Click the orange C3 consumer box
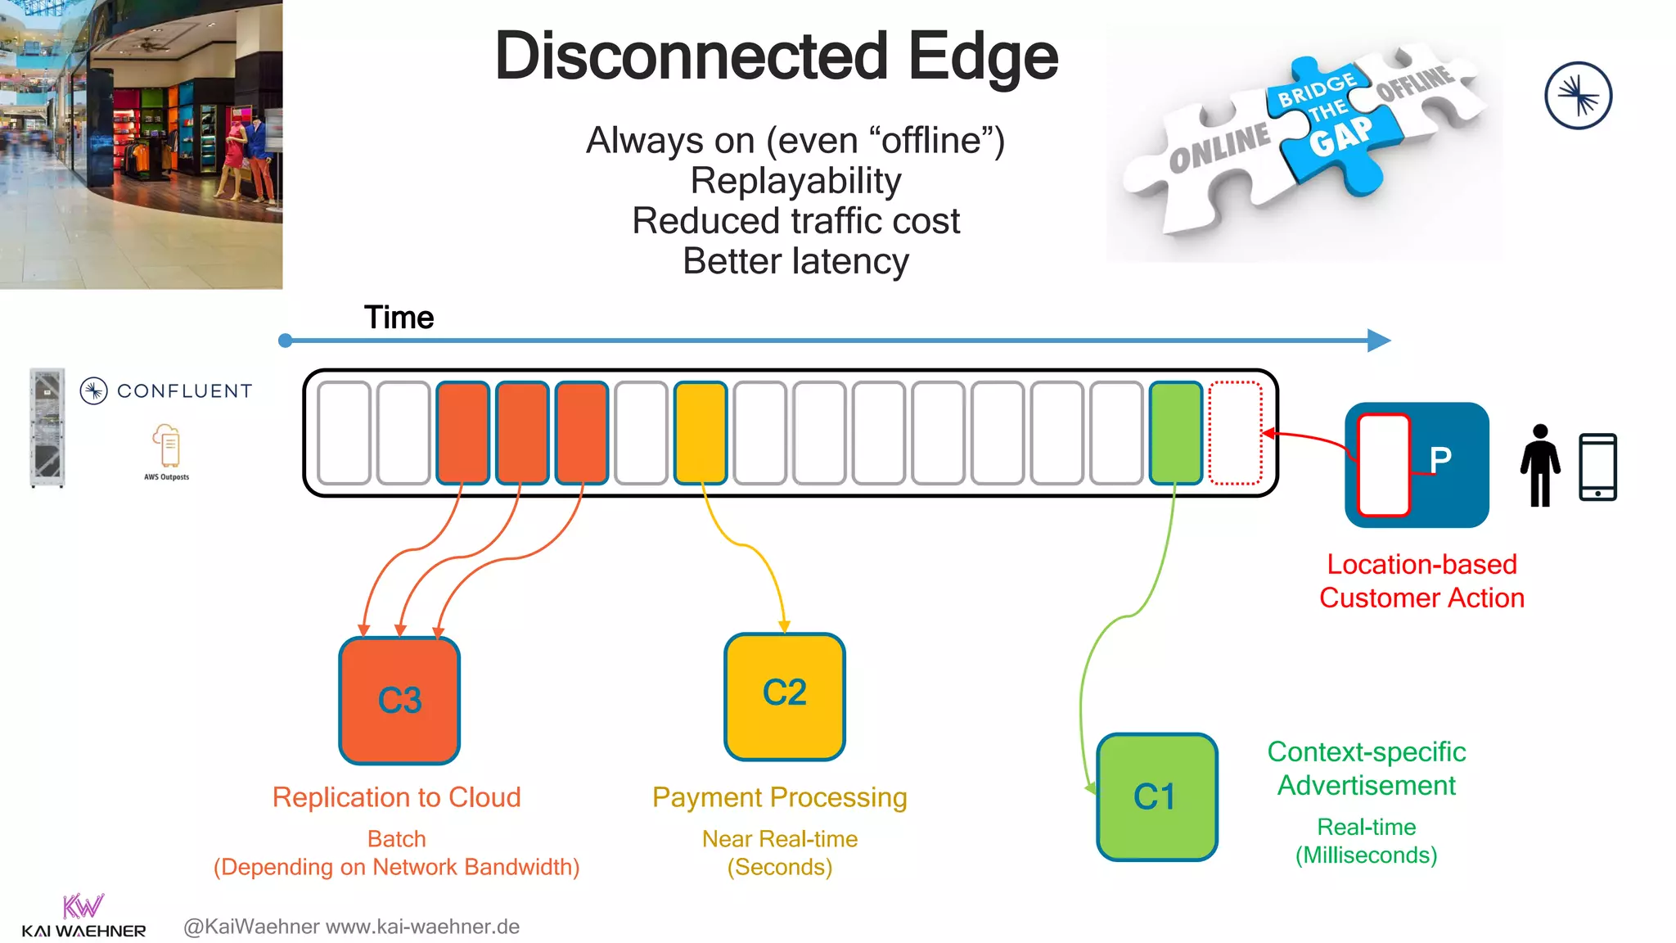[399, 701]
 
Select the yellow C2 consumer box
[784, 696]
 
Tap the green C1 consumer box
[1156, 796]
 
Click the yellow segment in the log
[701, 432]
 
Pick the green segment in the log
[1176, 432]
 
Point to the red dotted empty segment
[1236, 432]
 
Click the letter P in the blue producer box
[1440, 460]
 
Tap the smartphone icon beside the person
[1597, 467]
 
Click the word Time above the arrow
[399, 318]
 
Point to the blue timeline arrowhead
[1379, 341]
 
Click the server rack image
[47, 427]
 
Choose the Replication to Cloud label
[396, 797]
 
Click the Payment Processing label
[779, 797]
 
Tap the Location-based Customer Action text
[1421, 581]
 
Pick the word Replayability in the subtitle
[795, 181]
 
